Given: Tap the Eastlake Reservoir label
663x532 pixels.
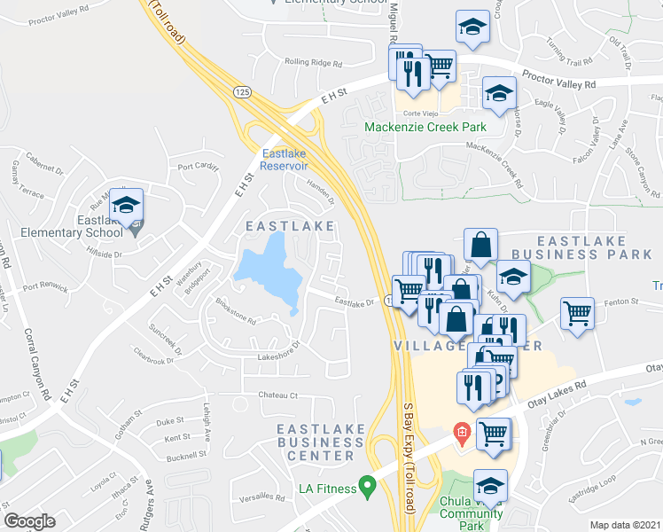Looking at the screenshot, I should tap(285, 158).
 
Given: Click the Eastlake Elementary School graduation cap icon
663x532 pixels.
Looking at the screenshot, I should tap(127, 206).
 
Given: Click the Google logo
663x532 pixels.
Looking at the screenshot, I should tap(29, 522).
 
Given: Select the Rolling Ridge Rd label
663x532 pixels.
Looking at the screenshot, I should tap(313, 62).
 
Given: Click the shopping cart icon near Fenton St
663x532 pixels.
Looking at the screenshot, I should tap(577, 313).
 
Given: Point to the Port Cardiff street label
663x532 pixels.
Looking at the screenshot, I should tap(197, 166).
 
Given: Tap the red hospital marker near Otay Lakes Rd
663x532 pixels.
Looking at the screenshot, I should tap(461, 434).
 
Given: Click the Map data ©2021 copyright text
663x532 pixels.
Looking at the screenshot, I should tap(625, 525).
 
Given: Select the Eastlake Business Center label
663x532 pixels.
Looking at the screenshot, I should tap(316, 442).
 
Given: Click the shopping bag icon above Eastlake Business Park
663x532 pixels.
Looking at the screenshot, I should tap(480, 245).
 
